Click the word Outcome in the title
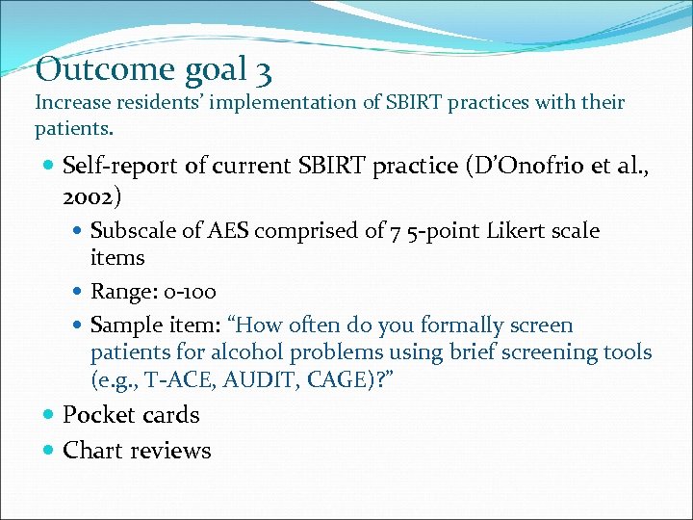click(x=92, y=69)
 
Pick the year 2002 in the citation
click(x=86, y=197)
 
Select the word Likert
click(x=521, y=231)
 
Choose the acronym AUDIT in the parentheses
click(x=256, y=379)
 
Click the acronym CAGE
click(x=338, y=379)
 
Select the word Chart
click(x=92, y=450)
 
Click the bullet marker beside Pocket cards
click(x=48, y=416)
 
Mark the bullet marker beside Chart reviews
click(x=48, y=451)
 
